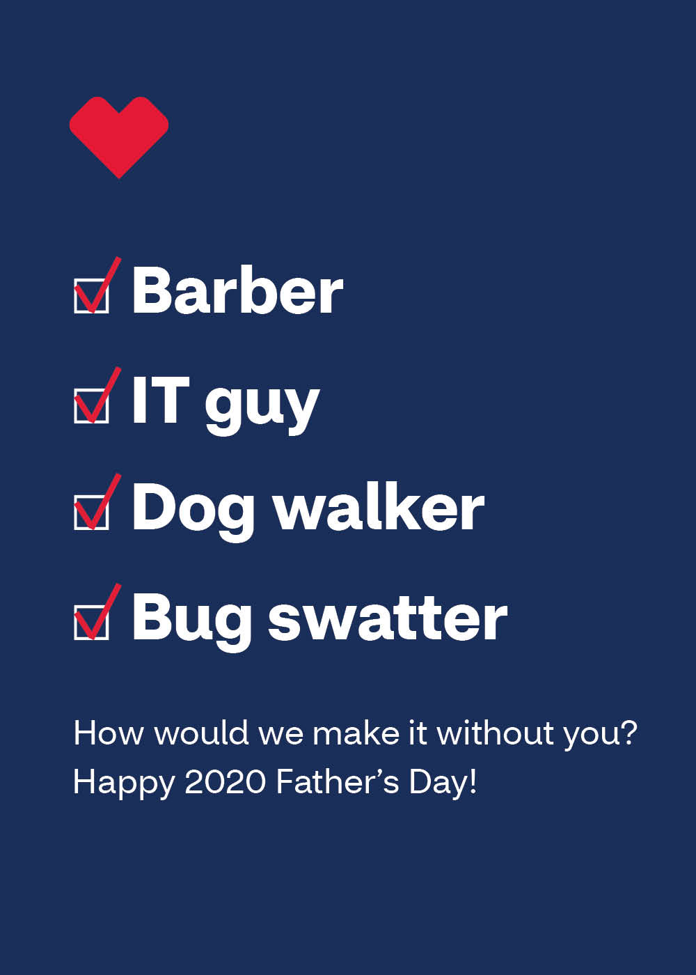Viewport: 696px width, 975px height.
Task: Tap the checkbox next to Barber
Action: pyautogui.click(x=91, y=296)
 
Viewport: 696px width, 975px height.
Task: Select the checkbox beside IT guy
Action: pyautogui.click(x=91, y=405)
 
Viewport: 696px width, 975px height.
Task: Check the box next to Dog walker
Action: pyautogui.click(x=91, y=513)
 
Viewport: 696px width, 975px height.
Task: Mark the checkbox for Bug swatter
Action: pyautogui.click(x=91, y=623)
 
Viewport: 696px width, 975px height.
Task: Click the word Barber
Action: pyautogui.click(x=237, y=290)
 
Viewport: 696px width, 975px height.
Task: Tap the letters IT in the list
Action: pyautogui.click(x=161, y=400)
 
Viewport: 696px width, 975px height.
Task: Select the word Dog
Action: pyautogui.click(x=193, y=512)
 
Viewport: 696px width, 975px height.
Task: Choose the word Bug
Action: pyautogui.click(x=192, y=621)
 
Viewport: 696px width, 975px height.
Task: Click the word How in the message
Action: pyautogui.click(x=109, y=733)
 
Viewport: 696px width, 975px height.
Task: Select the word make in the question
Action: pyautogui.click(x=356, y=733)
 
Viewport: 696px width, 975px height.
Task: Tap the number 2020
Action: pyautogui.click(x=225, y=781)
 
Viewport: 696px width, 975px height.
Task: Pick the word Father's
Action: pyautogui.click(x=337, y=781)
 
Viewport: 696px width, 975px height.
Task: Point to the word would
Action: pyautogui.click(x=202, y=733)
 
